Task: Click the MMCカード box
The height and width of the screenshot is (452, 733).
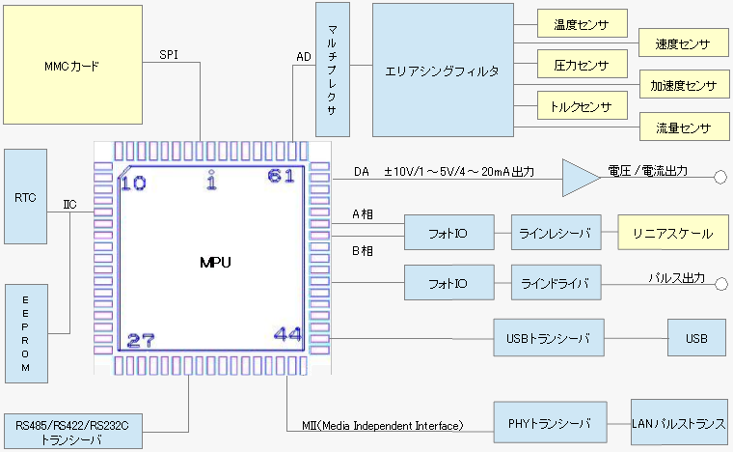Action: coord(72,67)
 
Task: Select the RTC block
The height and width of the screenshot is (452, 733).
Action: coord(26,197)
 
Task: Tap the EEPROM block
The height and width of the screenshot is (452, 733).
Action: coord(26,331)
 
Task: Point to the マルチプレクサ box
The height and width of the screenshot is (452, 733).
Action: coord(332,69)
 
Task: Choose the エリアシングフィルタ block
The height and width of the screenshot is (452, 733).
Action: coord(443,69)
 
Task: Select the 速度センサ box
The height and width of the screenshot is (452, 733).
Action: coord(683,44)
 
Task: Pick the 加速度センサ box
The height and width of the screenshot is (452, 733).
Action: coord(683,86)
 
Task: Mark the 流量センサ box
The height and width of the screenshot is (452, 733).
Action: coord(683,127)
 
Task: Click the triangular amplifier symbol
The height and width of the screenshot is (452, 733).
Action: coord(580,177)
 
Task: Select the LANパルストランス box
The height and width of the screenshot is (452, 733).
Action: coord(677,424)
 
